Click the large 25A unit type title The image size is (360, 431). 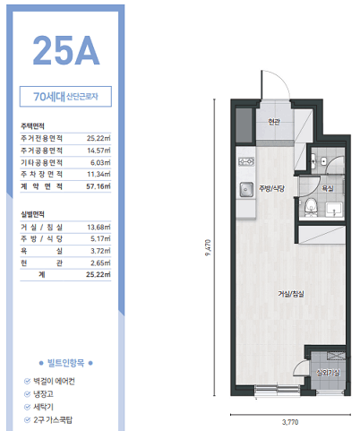click(x=66, y=50)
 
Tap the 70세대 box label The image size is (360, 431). click(x=49, y=97)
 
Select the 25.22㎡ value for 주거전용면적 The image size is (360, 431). click(x=99, y=138)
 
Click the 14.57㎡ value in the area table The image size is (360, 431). click(x=99, y=151)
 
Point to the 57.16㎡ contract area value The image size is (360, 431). click(x=99, y=186)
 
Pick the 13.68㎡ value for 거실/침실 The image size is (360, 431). click(x=99, y=228)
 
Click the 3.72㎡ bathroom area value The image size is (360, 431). click(x=100, y=251)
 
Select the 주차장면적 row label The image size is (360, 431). click(x=41, y=174)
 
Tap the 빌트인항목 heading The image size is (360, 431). click(x=66, y=363)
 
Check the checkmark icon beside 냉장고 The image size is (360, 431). click(x=27, y=394)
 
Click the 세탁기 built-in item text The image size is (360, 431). click(x=44, y=407)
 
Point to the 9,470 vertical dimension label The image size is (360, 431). click(x=208, y=247)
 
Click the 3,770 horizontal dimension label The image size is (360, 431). click(x=290, y=422)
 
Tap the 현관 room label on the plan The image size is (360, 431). click(x=274, y=122)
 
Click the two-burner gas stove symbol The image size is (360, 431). click(x=246, y=161)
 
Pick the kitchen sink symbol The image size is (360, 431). click(x=246, y=189)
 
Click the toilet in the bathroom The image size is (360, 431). click(x=311, y=206)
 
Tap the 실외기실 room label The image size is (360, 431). click(x=328, y=373)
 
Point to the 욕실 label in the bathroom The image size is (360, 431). click(x=328, y=188)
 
